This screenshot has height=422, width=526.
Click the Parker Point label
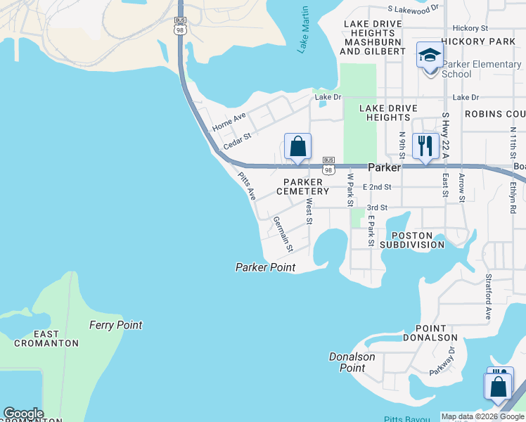(x=265, y=267)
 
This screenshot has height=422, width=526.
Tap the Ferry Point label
(x=115, y=325)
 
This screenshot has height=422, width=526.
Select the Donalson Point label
(x=352, y=362)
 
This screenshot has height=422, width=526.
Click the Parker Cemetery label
(x=302, y=186)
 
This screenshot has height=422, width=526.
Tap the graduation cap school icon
(x=429, y=56)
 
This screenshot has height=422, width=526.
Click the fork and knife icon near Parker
(x=425, y=146)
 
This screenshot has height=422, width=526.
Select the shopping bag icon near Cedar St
(x=297, y=146)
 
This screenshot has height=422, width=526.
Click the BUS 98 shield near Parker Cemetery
(x=328, y=165)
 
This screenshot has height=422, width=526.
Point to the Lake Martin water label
(x=304, y=30)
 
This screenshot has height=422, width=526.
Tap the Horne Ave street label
(x=229, y=122)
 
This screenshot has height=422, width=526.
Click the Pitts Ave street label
(x=247, y=187)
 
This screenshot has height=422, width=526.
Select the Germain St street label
(x=283, y=234)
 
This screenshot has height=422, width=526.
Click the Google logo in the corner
(x=23, y=414)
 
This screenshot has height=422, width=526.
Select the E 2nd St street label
(x=377, y=187)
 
